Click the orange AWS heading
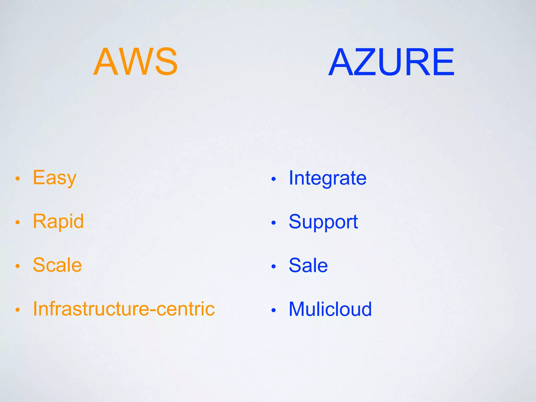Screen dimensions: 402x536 [x=135, y=62]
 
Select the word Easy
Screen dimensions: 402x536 [x=54, y=178]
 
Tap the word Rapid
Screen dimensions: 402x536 [x=58, y=221]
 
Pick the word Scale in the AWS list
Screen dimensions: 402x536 [x=57, y=265]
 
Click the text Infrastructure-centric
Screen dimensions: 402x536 [x=124, y=309]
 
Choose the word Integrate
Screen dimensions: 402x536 [x=327, y=178]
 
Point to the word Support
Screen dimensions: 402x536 [x=323, y=222]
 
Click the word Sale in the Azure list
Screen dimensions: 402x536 [x=308, y=265]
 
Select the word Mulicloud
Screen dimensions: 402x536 [x=330, y=309]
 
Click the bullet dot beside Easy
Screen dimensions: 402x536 [x=18, y=179]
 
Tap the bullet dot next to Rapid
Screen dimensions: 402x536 [x=18, y=222]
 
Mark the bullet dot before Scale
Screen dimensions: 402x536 [x=18, y=266]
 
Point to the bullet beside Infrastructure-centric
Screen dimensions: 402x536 [x=18, y=310]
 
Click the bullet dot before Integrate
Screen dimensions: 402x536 [x=273, y=179]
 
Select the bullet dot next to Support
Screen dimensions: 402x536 [x=273, y=223]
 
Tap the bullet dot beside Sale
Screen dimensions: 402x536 [x=273, y=267]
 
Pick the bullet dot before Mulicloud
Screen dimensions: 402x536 [x=273, y=310]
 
